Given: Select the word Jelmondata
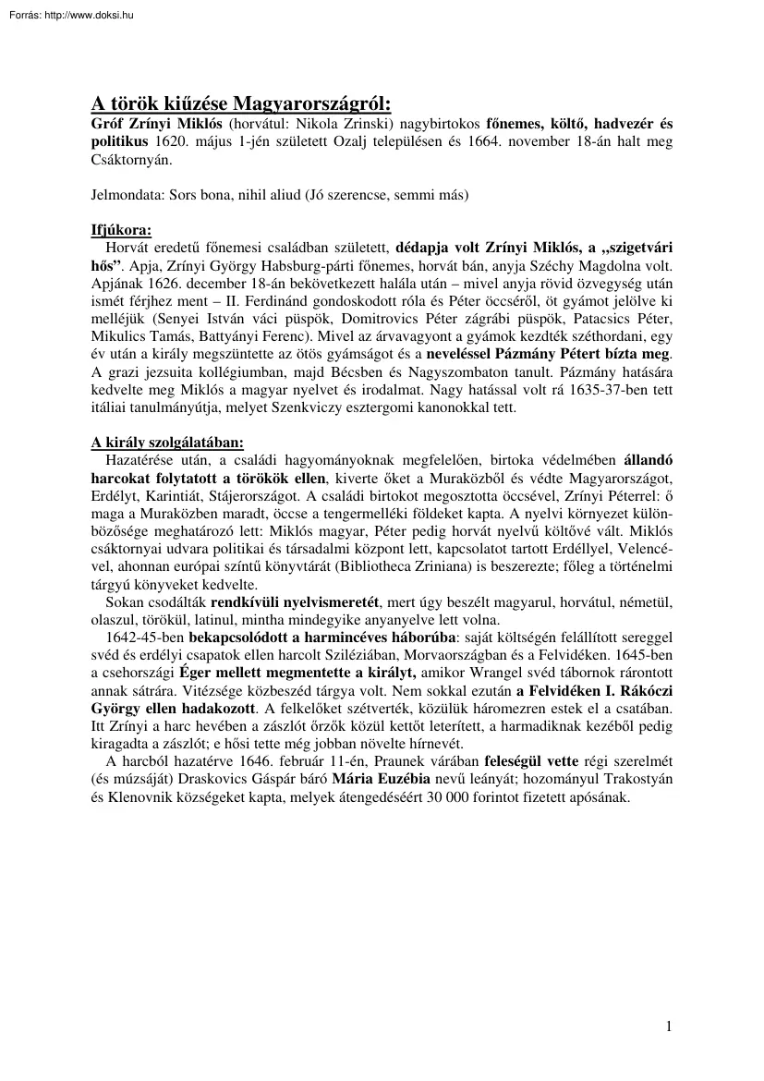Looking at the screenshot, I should tap(126, 195).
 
